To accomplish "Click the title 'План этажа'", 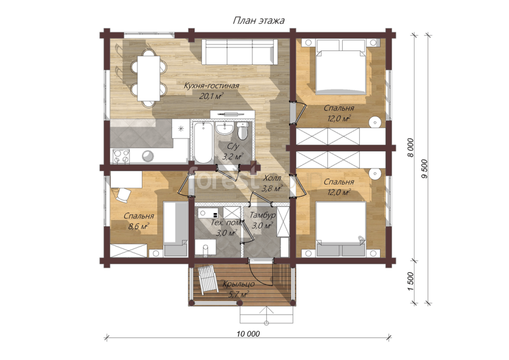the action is tap(258, 20).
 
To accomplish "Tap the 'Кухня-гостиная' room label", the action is tap(212, 86).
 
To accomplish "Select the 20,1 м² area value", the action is tap(212, 96).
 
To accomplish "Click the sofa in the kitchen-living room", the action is tap(240, 52).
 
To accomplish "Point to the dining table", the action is tap(148, 79).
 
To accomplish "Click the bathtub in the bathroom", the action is tap(203, 143).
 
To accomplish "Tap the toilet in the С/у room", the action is tap(242, 131).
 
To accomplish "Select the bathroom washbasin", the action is tap(225, 128).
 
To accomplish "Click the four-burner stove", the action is tap(121, 157).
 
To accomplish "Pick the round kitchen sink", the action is tap(148, 155).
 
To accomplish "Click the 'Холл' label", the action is tap(272, 178).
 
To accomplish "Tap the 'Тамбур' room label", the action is tap(262, 215).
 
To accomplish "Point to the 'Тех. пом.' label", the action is tap(226, 223).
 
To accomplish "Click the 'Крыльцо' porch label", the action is tap(238, 284).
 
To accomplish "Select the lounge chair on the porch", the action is tap(208, 279).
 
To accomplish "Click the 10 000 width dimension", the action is tap(248, 334).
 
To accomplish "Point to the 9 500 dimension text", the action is tap(424, 168).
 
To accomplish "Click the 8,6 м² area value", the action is tap(139, 226).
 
